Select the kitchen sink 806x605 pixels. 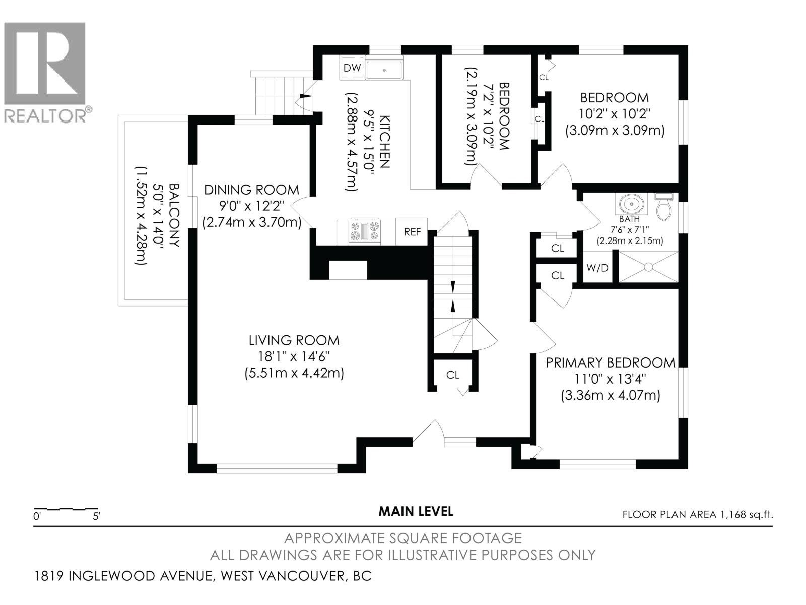[384, 70]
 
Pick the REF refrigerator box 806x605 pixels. [412, 232]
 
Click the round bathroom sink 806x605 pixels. [630, 204]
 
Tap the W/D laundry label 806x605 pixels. [597, 268]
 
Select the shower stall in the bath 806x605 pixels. [648, 266]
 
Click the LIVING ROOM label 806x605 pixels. [294, 340]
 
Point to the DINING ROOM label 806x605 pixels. [251, 190]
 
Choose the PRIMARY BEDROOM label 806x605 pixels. [611, 362]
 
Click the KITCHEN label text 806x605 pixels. [384, 142]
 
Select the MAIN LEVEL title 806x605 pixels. [416, 511]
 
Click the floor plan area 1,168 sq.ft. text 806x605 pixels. [698, 515]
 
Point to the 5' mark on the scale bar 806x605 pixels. [96, 516]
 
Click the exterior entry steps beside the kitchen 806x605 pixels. [275, 96]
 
